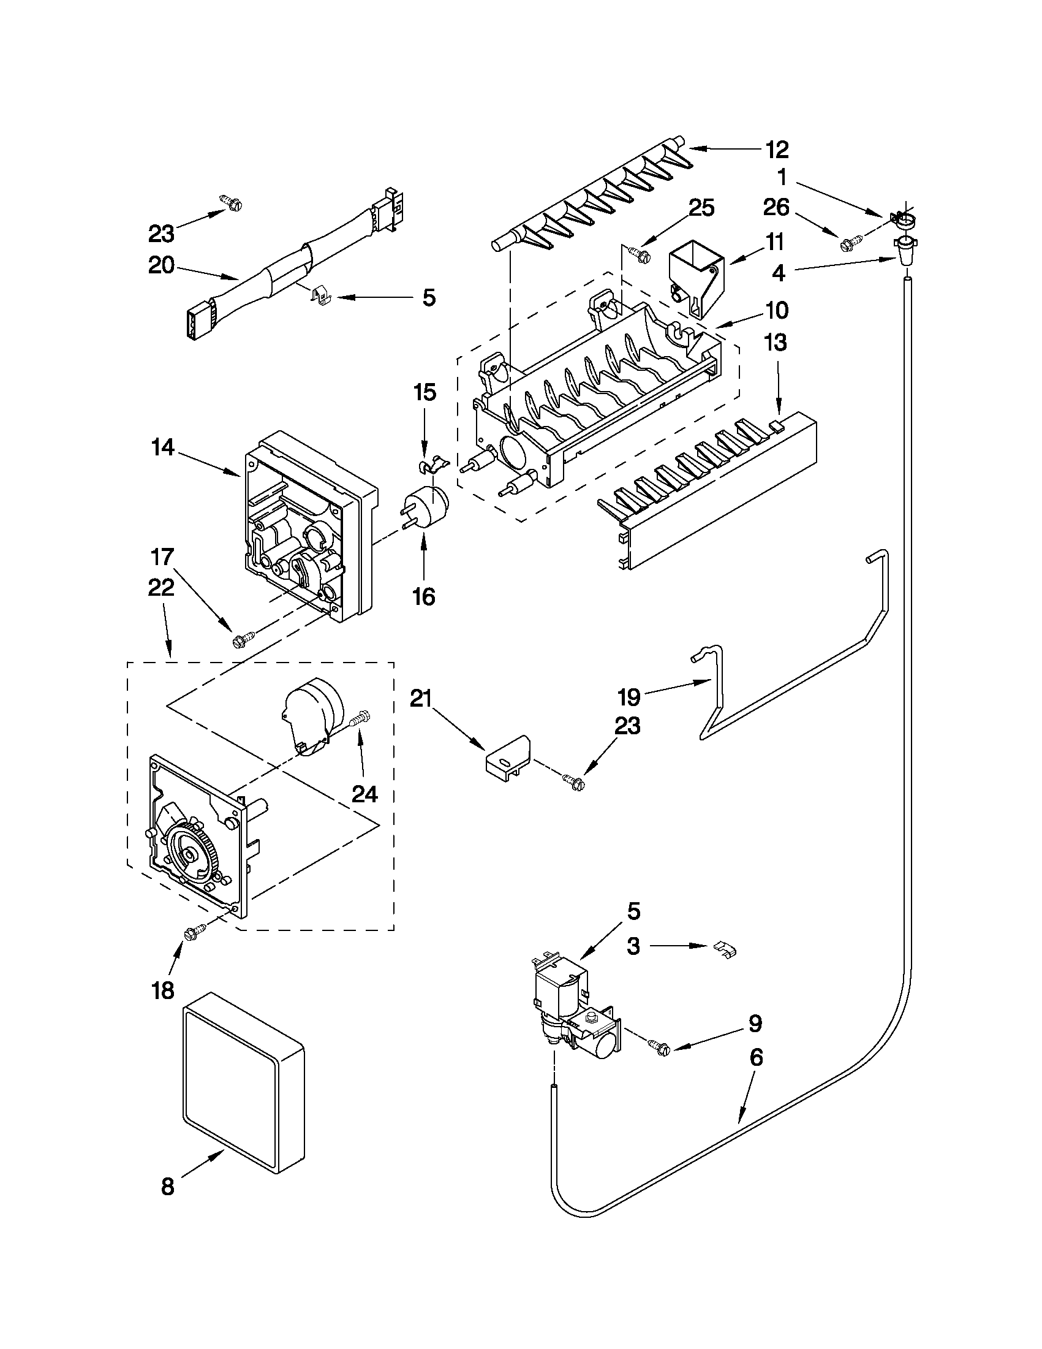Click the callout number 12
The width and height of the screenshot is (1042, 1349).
[x=777, y=150]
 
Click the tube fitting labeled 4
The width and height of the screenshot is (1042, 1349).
[x=904, y=250]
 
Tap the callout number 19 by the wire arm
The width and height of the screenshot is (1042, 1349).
[x=629, y=698]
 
